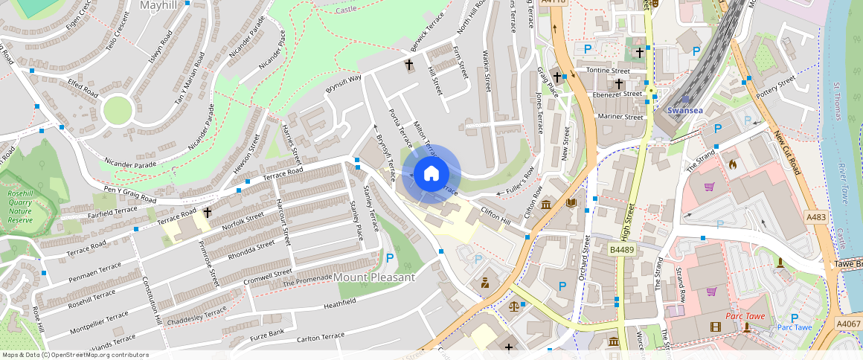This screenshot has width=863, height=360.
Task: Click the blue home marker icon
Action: pos(431,174)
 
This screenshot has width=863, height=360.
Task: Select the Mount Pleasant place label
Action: pos(373,277)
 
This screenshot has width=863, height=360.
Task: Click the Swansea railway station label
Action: pos(685,110)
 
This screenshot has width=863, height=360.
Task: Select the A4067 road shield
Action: pos(848,324)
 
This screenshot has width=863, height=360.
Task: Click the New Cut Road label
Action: pos(786,152)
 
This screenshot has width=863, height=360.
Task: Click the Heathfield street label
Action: pos(339,303)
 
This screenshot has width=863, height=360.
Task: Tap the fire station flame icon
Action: pos(731,163)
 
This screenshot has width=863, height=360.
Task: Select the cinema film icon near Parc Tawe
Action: pos(715,327)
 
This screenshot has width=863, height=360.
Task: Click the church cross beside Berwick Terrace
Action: pos(408,65)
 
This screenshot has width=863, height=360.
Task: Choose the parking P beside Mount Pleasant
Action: pos(390,258)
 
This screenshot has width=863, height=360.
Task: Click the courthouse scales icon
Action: pos(514,306)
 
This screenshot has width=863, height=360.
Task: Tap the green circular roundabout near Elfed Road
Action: pos(118,111)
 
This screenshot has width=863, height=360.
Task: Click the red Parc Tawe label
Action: pos(744,315)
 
